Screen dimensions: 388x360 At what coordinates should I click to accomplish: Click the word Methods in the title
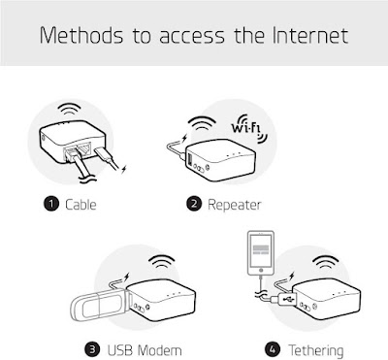pyautogui.click(x=81, y=35)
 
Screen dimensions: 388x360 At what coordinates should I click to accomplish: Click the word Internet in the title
pyautogui.click(x=310, y=35)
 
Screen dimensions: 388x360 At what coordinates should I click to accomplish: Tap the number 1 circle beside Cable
pyautogui.click(x=51, y=204)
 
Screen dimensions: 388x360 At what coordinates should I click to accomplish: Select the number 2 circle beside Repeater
pyautogui.click(x=194, y=204)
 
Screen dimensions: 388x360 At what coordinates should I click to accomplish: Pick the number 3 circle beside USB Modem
pyautogui.click(x=92, y=350)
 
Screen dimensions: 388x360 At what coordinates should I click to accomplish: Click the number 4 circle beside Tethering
pyautogui.click(x=273, y=350)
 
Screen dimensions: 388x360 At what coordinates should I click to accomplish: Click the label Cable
pyautogui.click(x=81, y=205)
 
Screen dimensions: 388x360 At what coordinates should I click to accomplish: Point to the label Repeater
pyautogui.click(x=234, y=205)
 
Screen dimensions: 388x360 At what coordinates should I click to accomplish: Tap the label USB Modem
pyautogui.click(x=145, y=350)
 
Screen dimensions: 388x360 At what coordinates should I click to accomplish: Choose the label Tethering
pyautogui.click(x=315, y=350)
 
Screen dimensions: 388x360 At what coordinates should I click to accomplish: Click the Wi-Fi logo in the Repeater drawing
pyautogui.click(x=249, y=128)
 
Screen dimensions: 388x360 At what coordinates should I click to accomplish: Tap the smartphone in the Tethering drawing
pyautogui.click(x=261, y=253)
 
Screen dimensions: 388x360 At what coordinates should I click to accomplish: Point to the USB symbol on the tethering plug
pyautogui.click(x=288, y=299)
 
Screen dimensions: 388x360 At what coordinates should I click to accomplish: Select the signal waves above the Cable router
pyautogui.click(x=69, y=109)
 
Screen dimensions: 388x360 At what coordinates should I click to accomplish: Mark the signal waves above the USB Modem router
pyautogui.click(x=163, y=262)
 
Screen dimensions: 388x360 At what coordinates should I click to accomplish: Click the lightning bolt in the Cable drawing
pyautogui.click(x=124, y=169)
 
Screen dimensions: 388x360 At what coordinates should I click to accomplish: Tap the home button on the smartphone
pyautogui.click(x=261, y=270)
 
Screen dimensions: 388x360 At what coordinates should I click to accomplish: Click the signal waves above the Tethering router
pyautogui.click(x=327, y=262)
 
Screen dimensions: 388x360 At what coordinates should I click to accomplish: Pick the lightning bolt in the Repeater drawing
pyautogui.click(x=184, y=138)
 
